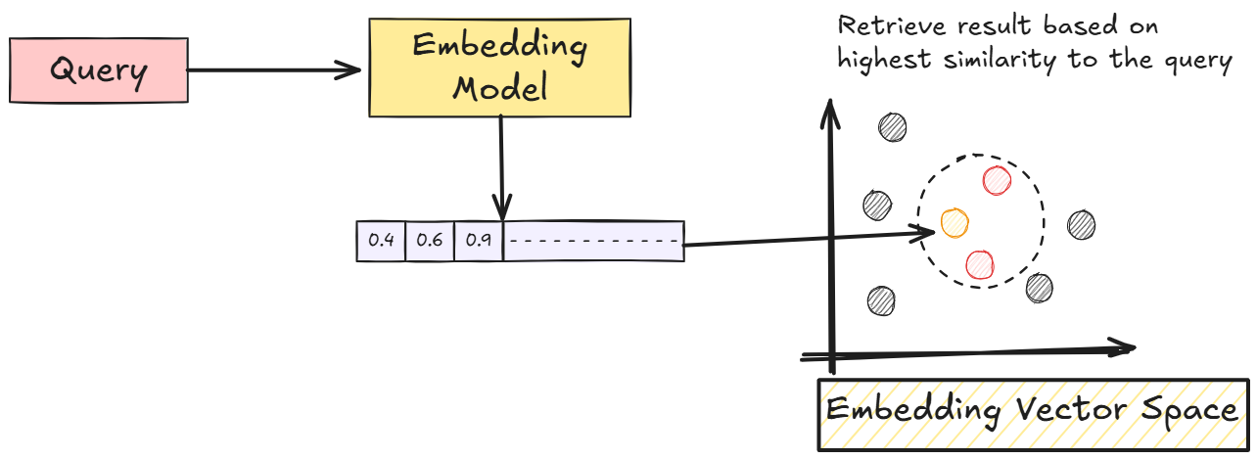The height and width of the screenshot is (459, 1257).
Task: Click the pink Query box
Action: point(98,70)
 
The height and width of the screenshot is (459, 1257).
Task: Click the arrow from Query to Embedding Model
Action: point(274,69)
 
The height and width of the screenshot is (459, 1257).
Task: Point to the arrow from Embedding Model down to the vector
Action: point(501,166)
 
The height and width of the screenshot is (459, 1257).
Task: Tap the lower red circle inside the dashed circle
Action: point(980,263)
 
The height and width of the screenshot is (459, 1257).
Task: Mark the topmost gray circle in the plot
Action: point(892,126)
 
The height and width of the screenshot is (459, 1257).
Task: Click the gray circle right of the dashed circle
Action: point(1081,224)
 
